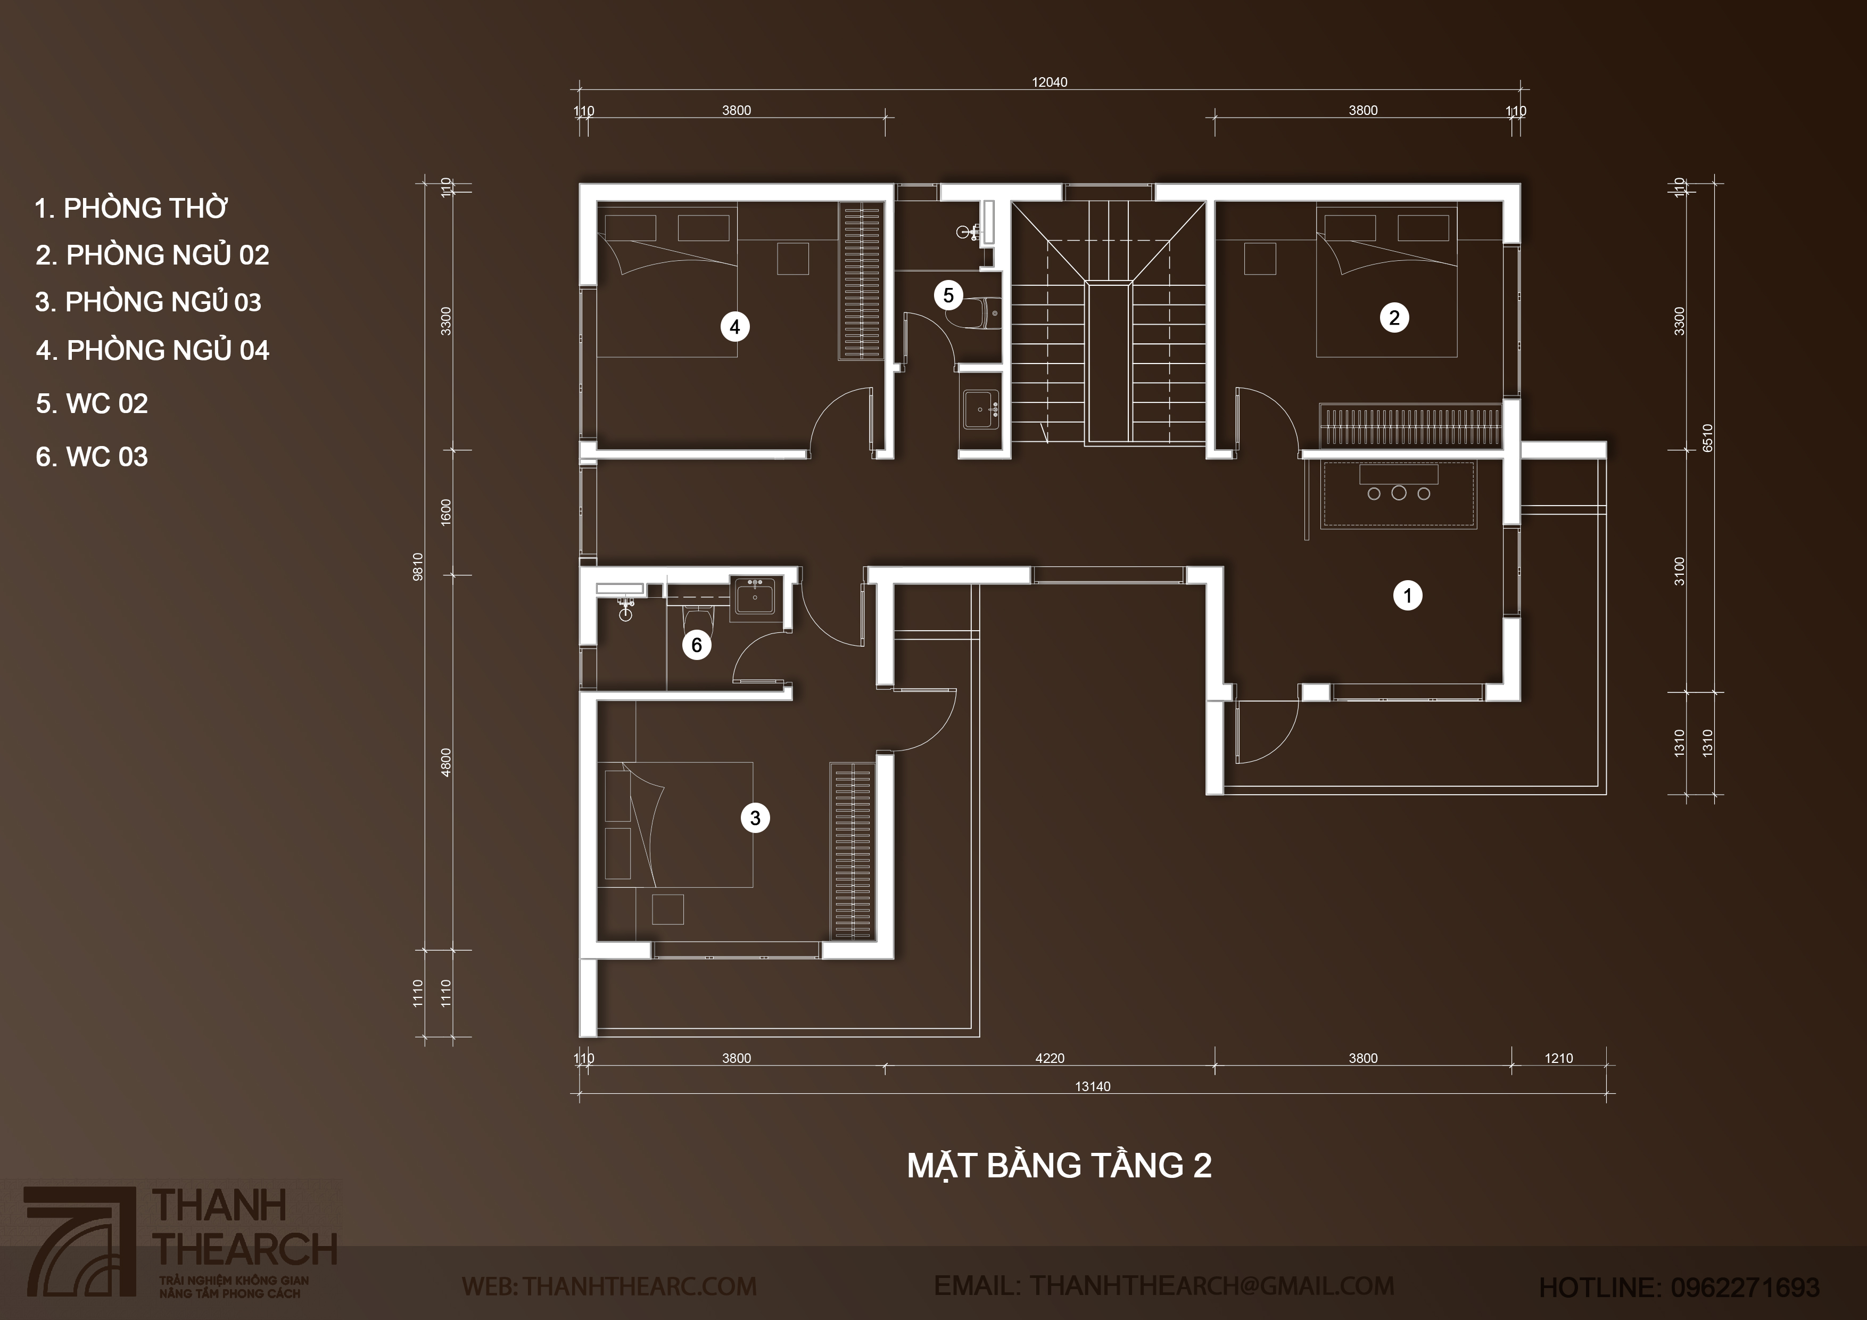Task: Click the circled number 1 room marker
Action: (x=1408, y=596)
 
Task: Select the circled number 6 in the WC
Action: (x=697, y=645)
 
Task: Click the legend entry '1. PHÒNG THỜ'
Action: (x=131, y=208)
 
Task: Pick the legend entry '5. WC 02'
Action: (x=92, y=403)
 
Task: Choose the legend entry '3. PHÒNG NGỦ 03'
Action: (x=148, y=302)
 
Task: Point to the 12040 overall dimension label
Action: (x=1049, y=82)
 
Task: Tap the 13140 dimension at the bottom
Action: (x=1092, y=1086)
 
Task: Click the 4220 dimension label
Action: (x=1049, y=1058)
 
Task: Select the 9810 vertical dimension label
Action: (x=418, y=566)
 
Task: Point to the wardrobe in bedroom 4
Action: (x=861, y=282)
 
